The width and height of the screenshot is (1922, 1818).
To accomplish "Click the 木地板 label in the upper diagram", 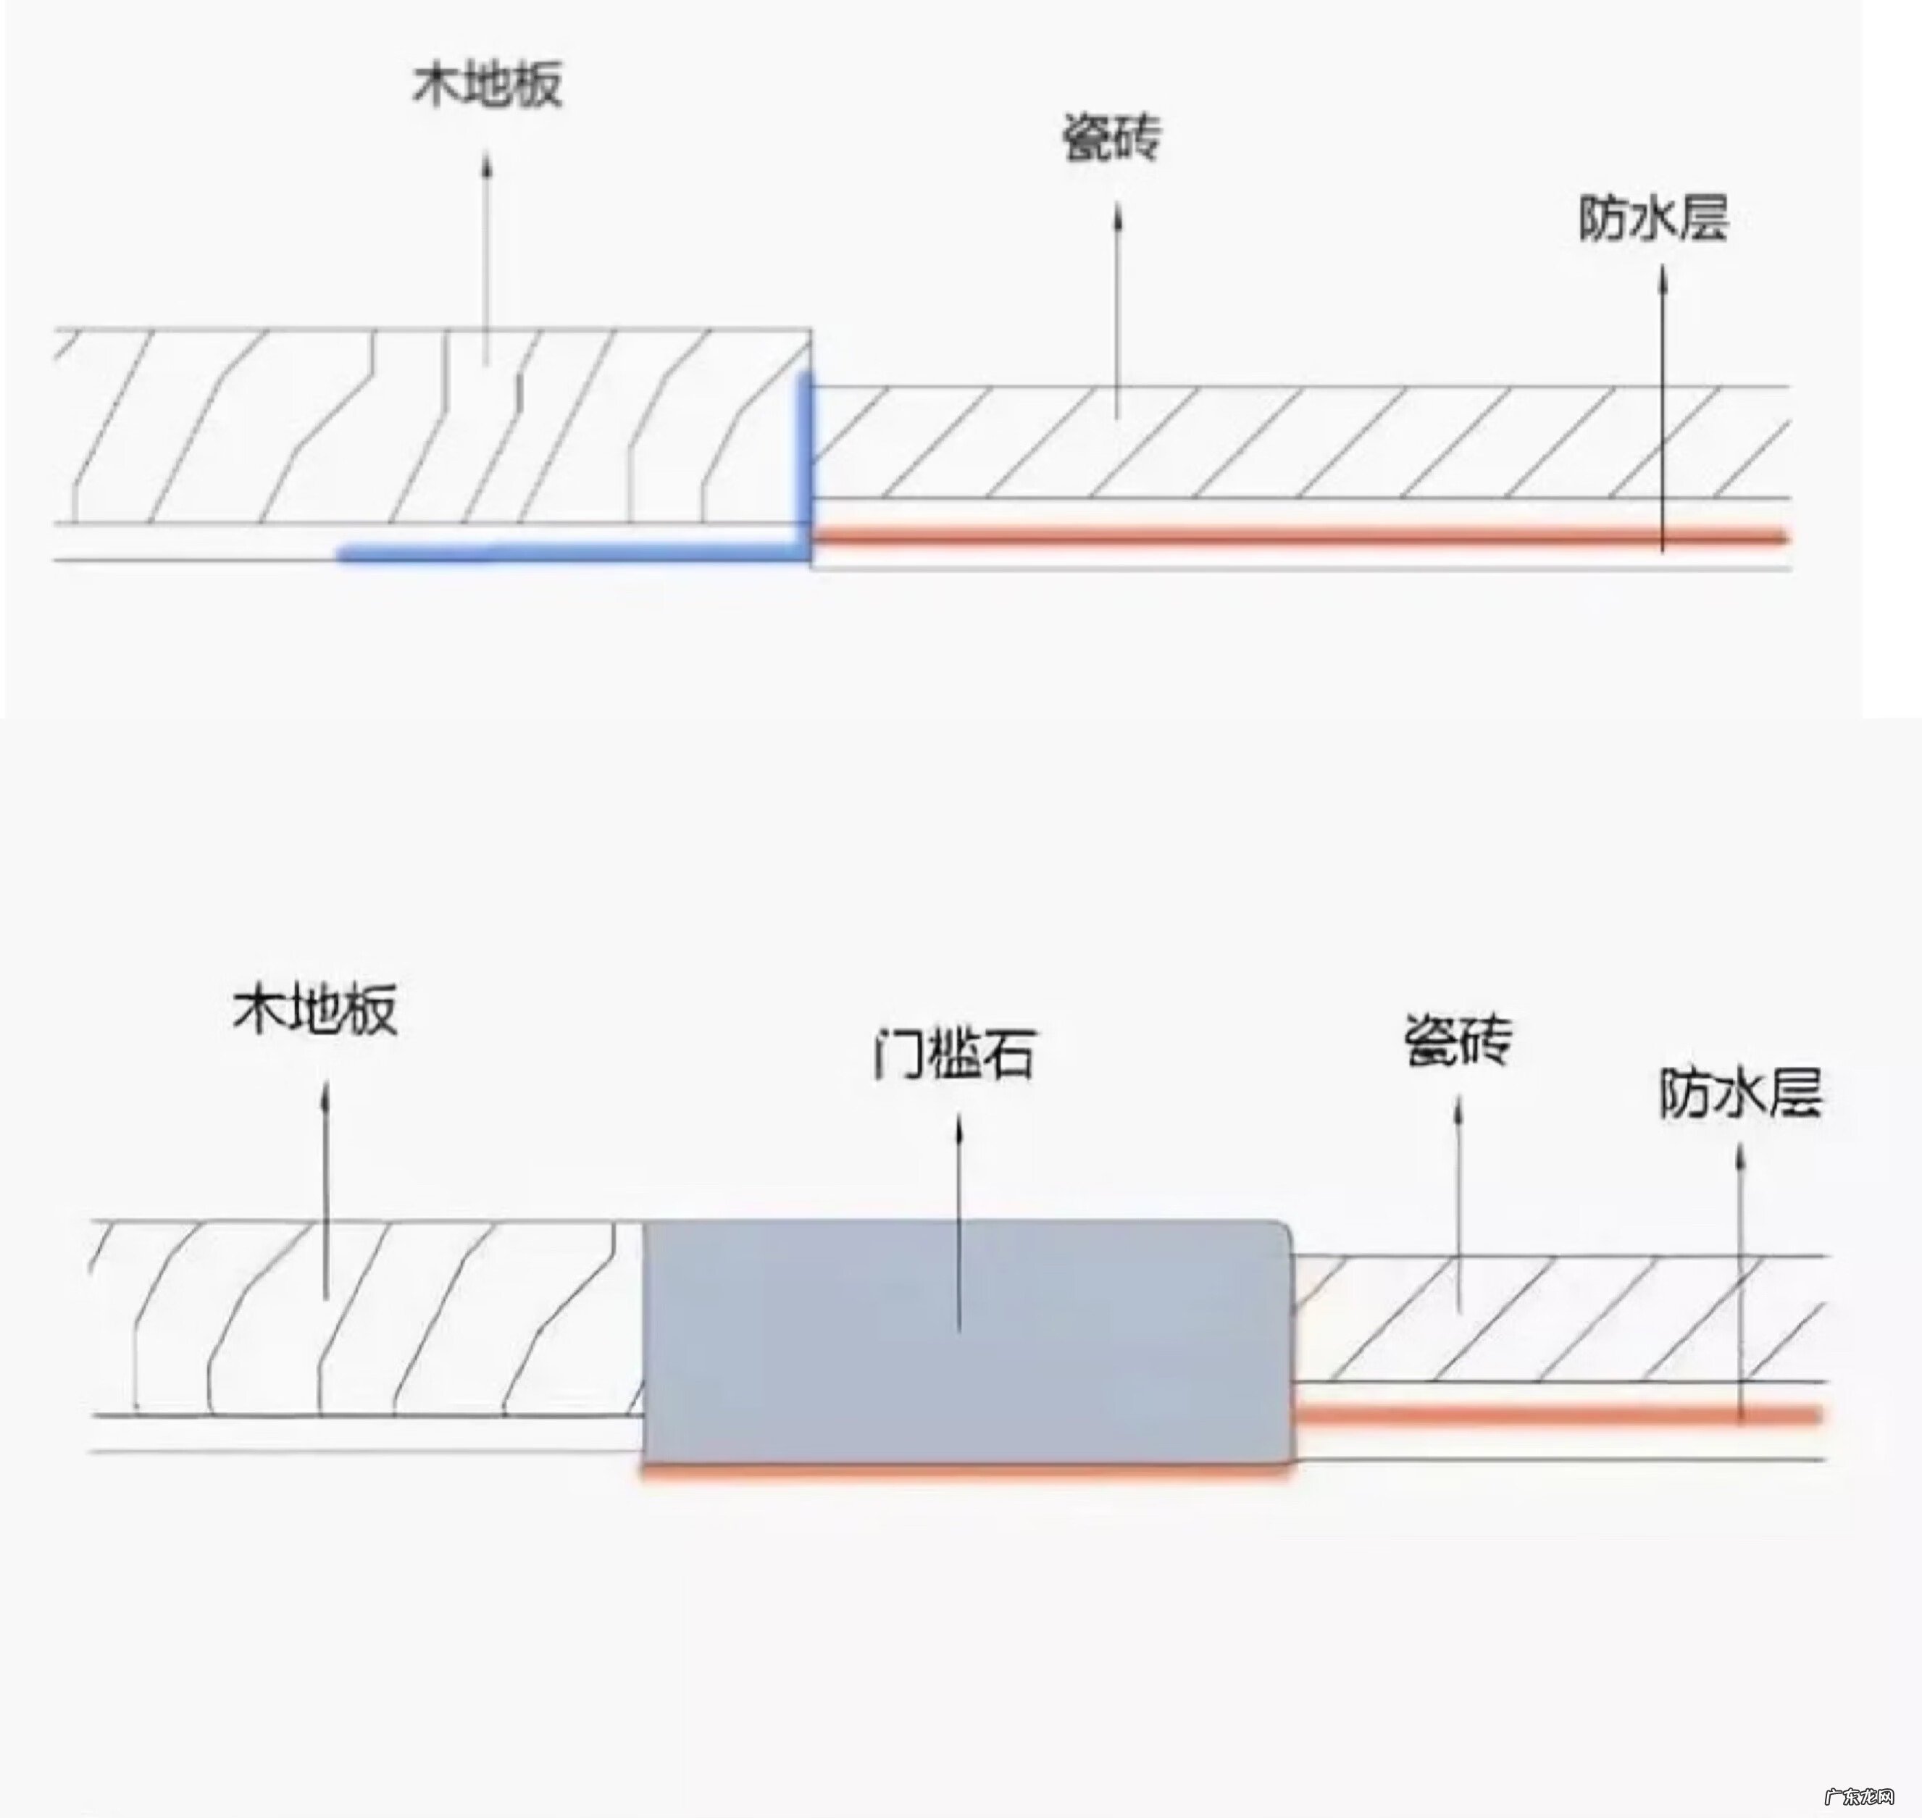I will coord(488,85).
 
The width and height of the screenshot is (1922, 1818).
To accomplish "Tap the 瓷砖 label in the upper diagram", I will coord(1112,138).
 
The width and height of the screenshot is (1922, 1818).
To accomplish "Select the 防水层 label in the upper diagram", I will coord(1653,219).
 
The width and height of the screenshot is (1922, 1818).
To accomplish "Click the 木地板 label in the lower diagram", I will coord(315,1010).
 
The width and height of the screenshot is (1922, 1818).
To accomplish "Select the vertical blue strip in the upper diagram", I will coord(804,461).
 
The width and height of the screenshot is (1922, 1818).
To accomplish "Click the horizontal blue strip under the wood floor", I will coord(572,553).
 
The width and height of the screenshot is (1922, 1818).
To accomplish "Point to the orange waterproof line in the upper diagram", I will coord(1299,535).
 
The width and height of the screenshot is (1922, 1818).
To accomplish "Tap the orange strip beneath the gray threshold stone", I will coord(967,1471).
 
